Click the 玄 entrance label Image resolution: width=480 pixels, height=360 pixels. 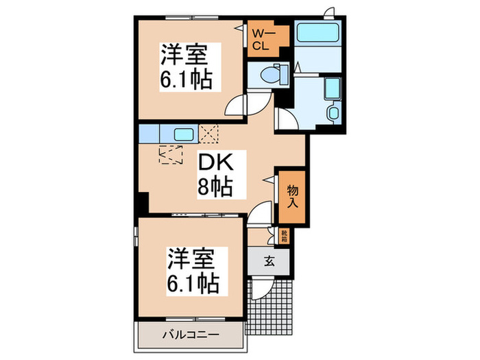(270, 260)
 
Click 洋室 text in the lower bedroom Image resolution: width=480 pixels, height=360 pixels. (191, 259)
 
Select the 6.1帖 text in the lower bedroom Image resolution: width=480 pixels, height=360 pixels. (191, 283)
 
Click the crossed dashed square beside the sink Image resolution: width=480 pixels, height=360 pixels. (208, 132)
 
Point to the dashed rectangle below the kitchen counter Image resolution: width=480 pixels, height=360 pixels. (171, 155)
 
